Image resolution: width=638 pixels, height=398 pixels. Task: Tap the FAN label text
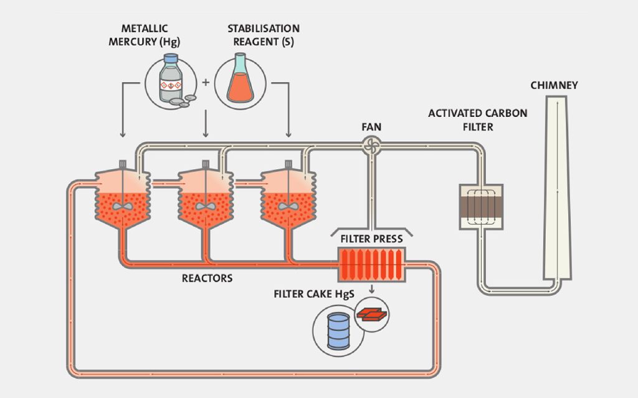(371, 127)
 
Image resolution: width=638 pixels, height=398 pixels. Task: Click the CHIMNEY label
(554, 85)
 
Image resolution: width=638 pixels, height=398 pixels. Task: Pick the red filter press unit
(371, 266)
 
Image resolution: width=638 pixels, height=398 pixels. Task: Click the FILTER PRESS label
(371, 238)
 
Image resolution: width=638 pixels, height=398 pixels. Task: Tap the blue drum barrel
(339, 330)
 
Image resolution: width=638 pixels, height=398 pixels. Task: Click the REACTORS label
(207, 278)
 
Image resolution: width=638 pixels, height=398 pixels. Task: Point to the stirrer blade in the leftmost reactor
(123, 206)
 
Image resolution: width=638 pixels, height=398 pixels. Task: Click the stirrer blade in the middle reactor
(206, 206)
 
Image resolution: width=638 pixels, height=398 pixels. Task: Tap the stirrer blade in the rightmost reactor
(288, 206)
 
